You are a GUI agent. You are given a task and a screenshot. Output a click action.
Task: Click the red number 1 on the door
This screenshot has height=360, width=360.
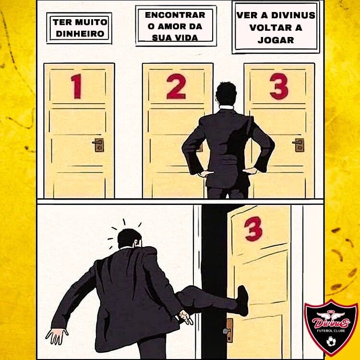point(76,87)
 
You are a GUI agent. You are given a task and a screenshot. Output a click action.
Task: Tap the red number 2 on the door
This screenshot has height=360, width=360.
point(176,87)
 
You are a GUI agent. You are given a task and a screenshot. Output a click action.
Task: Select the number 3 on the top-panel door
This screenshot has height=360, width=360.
point(279,86)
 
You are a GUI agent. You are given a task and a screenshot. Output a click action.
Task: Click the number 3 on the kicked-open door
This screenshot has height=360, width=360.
point(253,229)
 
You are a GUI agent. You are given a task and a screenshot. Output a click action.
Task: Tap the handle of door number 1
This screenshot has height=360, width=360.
point(98,144)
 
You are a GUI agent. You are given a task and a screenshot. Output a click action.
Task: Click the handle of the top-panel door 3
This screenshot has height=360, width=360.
point(299,144)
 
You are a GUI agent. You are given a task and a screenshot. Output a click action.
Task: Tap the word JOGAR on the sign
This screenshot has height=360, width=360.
point(276,40)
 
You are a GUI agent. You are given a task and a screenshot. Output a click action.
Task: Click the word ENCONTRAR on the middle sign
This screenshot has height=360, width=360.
point(175,15)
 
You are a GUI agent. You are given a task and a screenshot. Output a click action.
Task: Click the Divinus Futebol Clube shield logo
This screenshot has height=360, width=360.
point(331,327)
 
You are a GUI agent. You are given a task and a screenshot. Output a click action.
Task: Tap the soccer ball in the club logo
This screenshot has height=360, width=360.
point(331,342)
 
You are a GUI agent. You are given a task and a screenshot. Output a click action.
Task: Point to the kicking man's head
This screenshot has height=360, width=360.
point(129,240)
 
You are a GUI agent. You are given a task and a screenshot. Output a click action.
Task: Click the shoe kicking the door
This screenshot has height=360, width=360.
point(243,300)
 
